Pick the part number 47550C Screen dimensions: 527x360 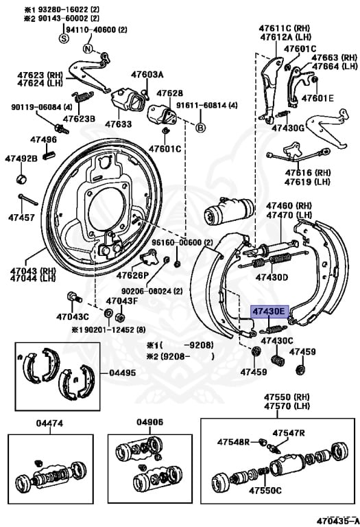[x=265, y=491]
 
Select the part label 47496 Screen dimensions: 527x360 [x=43, y=139]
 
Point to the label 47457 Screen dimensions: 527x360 [x=21, y=218]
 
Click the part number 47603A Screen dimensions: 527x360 [x=147, y=74]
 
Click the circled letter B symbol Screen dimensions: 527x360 [x=201, y=128]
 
